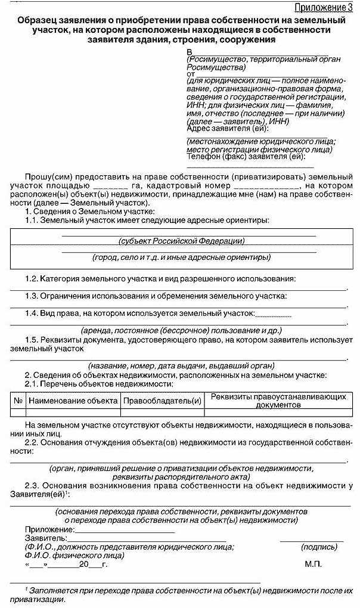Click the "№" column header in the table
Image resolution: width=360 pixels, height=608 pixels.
coord(18,401)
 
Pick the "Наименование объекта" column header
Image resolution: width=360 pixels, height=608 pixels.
coord(73,401)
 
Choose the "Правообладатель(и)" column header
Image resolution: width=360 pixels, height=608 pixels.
coord(162,401)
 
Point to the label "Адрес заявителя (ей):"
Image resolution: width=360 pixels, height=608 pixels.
coord(228,128)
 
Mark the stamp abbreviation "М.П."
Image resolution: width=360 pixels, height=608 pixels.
coord(313,563)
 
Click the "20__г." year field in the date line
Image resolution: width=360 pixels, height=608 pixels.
coord(92,563)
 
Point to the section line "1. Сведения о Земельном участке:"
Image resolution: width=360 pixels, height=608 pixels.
coord(89,212)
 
